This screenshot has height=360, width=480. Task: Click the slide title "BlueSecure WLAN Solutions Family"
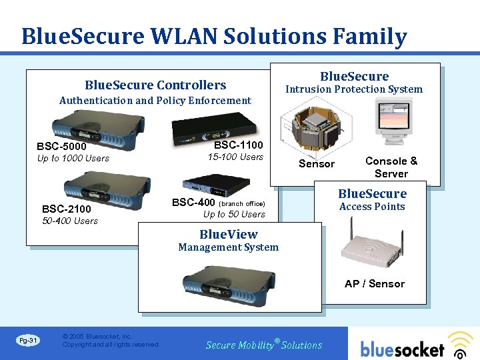pos(213,35)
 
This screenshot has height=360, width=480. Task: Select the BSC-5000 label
pos(62,146)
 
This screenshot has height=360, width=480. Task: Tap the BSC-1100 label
pos(238,145)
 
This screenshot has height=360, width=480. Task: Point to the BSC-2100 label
pos(67,209)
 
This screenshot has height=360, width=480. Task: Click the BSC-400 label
pos(193,203)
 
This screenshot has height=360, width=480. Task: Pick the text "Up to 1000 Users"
pos(73,159)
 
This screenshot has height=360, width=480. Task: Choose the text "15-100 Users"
pos(235,157)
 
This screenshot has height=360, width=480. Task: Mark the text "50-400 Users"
pos(70,221)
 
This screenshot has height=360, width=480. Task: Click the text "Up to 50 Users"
pos(234,215)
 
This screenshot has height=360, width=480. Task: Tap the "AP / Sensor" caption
pos(375,283)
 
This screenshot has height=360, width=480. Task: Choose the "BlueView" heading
pos(228,235)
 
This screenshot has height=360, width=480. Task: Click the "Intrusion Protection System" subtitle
pos(354,89)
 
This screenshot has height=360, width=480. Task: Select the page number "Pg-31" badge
pos(29,341)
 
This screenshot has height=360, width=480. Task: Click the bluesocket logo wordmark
pos(403,348)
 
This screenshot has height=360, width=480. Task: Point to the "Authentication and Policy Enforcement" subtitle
pos(155,101)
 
